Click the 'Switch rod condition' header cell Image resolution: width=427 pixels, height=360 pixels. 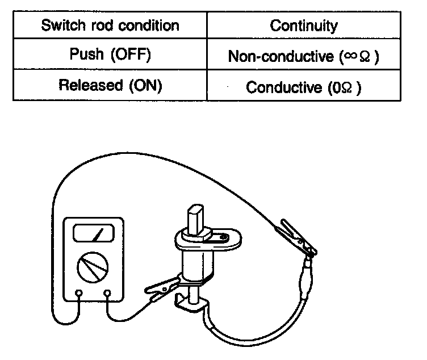pos(110,26)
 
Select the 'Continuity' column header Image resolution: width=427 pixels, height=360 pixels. pos(304,26)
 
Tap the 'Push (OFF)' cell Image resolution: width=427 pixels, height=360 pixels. pos(110,56)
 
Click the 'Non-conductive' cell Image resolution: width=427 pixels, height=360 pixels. pos(304,56)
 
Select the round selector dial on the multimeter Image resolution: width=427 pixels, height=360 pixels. pos(93,266)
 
